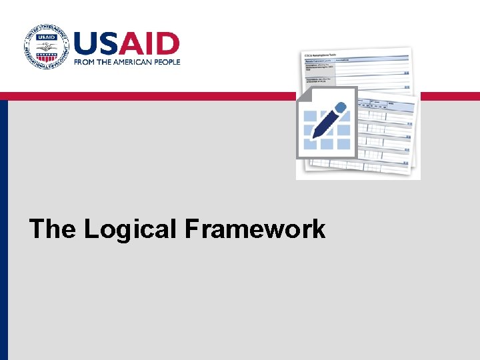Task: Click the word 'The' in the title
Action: tap(53, 229)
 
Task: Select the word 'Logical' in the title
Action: tap(131, 229)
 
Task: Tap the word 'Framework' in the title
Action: tap(255, 229)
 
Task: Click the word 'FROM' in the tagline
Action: tap(85, 61)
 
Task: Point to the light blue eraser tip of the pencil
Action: tap(341, 107)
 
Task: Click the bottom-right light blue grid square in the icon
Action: tap(343, 143)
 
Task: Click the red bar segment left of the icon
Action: tap(147, 96)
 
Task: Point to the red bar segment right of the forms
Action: tap(450, 96)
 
